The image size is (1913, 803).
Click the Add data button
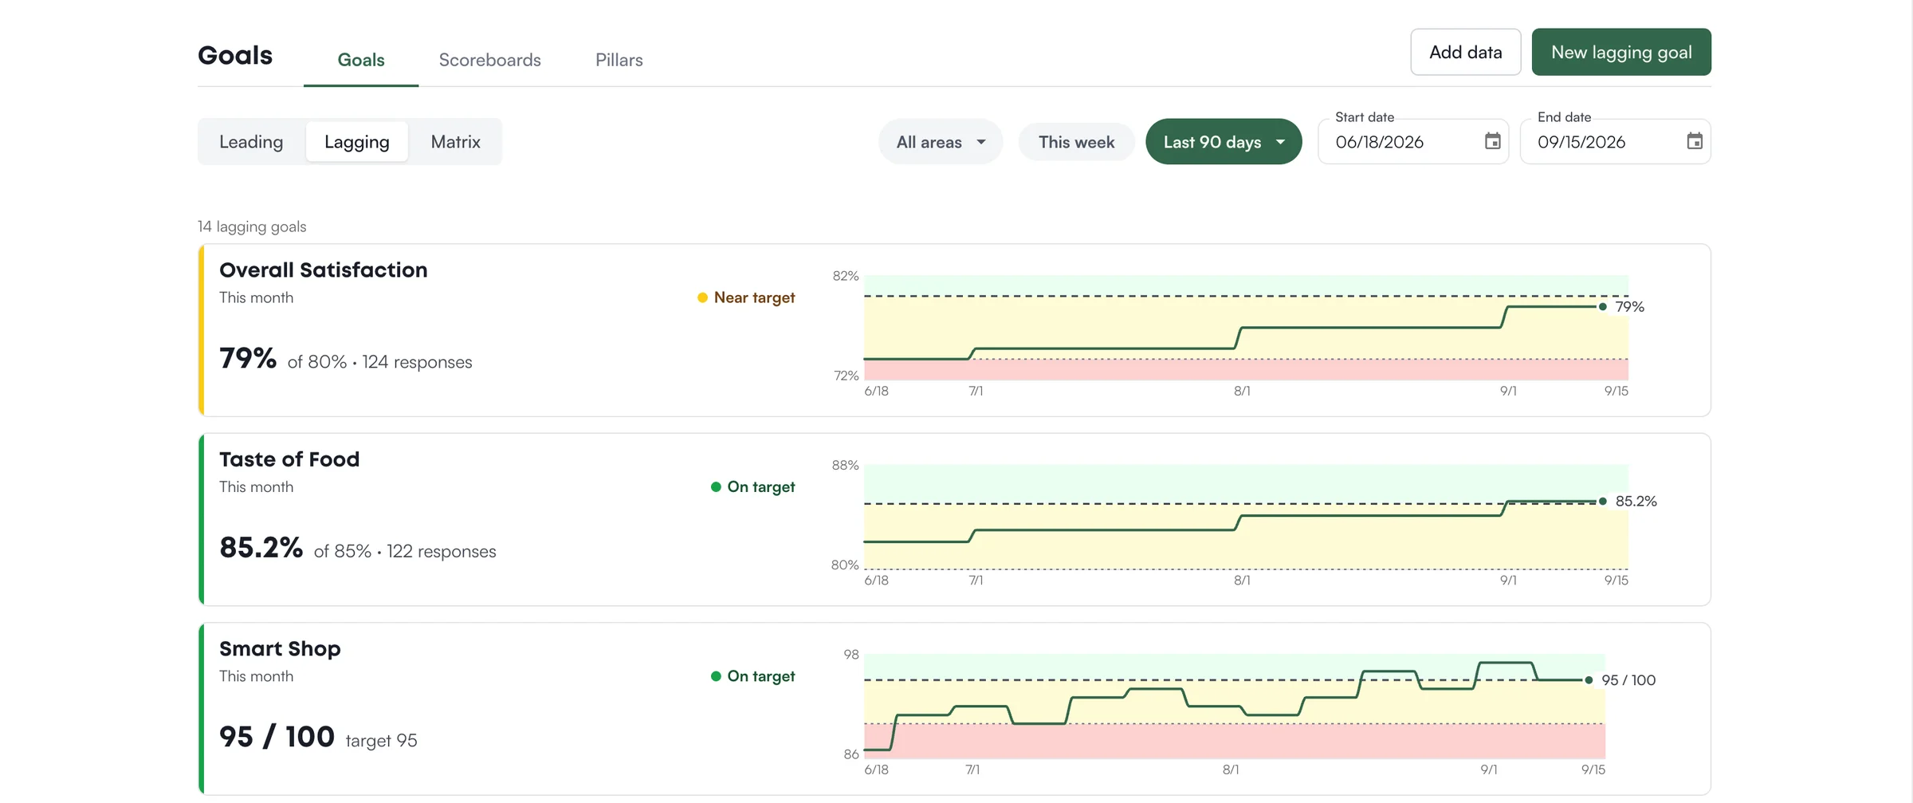coord(1465,52)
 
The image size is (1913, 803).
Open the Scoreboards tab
coord(489,60)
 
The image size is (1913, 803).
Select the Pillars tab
coord(619,60)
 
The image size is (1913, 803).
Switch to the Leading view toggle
coord(251,142)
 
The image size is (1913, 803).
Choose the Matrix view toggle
coord(455,142)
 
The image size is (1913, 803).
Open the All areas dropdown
coord(941,142)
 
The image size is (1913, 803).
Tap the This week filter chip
coord(1076,142)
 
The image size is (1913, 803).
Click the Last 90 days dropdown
coord(1224,142)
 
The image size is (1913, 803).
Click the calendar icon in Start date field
coord(1493,141)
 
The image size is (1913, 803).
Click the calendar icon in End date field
coord(1695,141)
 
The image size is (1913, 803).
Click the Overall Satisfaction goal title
coord(323,270)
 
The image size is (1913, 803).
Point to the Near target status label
coord(754,297)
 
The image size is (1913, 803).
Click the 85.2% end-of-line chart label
coord(1636,502)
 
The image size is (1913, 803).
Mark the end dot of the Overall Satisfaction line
coord(1602,307)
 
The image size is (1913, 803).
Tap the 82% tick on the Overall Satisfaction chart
coord(846,276)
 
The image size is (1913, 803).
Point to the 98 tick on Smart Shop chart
coord(851,655)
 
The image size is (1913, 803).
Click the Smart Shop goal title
coord(280,649)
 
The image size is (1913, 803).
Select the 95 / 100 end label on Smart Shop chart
coord(1628,680)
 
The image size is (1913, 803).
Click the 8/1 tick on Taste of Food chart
coord(1242,581)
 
